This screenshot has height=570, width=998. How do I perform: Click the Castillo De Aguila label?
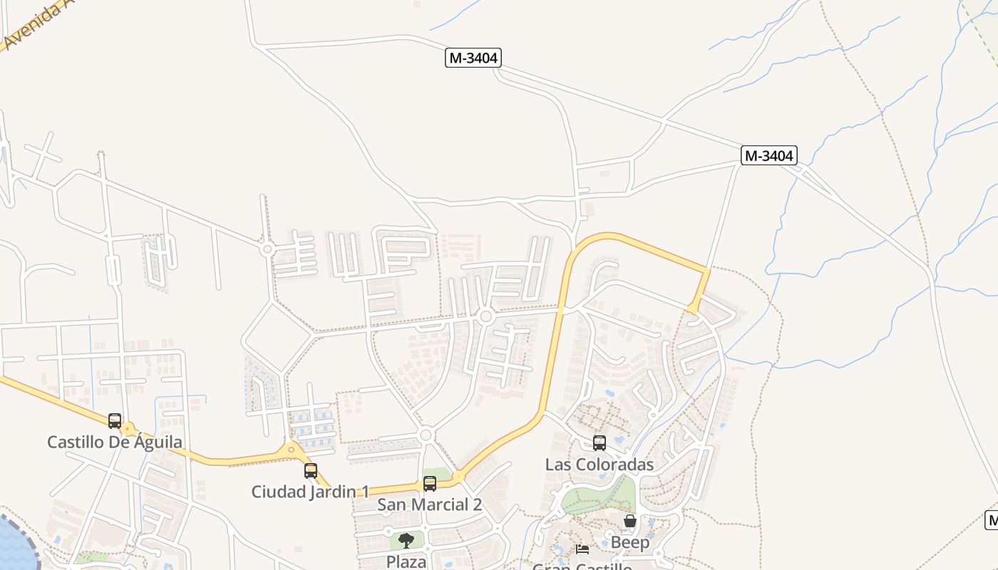point(115,442)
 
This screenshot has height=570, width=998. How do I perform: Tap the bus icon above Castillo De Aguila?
point(115,421)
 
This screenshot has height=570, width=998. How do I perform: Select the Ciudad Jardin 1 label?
point(310,492)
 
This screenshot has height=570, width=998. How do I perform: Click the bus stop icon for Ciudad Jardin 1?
point(311,471)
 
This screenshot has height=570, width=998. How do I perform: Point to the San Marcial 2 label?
point(429,504)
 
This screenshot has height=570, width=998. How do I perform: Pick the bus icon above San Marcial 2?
point(429,484)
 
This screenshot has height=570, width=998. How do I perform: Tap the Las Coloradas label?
point(599,465)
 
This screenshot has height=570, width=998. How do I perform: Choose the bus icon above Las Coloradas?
point(600,443)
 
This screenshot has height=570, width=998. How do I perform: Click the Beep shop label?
point(630,542)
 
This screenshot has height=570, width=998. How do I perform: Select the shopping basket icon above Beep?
point(630,521)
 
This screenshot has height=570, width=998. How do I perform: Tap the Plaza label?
point(406,561)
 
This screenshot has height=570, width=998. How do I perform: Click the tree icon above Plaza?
point(406,541)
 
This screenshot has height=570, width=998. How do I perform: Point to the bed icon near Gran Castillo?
point(582,549)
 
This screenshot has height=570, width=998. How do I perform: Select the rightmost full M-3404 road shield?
point(769,155)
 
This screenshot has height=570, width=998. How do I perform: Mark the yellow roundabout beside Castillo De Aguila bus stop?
point(128,430)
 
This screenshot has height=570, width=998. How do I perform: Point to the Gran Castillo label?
point(582,566)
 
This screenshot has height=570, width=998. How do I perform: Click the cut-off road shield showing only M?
point(992,520)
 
